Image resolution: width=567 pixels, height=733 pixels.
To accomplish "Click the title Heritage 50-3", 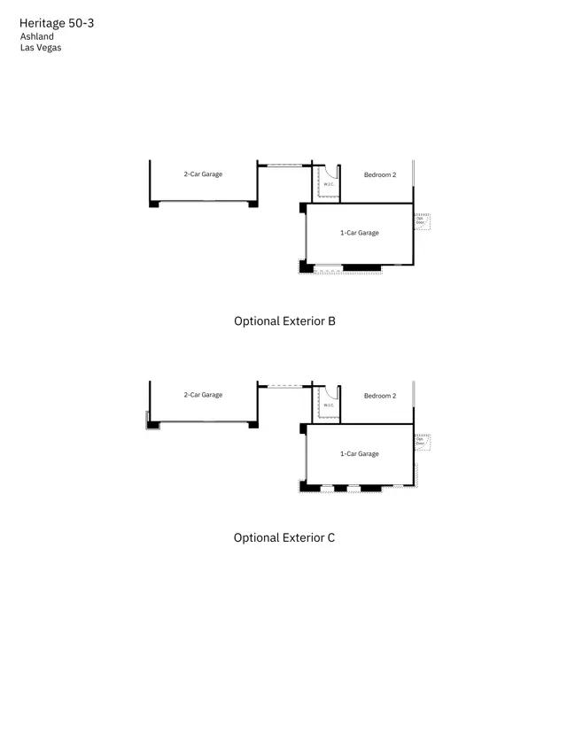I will (56, 22).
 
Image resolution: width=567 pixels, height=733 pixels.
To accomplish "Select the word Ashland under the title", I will (37, 36).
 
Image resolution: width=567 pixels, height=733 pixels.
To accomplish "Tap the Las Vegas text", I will (41, 48).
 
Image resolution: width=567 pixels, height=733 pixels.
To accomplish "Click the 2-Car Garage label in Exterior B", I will (203, 174).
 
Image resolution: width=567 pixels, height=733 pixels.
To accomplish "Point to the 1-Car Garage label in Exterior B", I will (360, 233).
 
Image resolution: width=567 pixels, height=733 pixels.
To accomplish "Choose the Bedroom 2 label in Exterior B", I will (380, 175).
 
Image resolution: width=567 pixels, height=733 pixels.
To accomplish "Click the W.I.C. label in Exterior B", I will (329, 184).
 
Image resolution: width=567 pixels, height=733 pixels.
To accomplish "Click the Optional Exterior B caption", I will (284, 321).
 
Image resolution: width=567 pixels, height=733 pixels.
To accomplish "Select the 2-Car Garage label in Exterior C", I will (203, 395).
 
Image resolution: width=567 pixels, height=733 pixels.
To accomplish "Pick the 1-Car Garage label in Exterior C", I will (360, 454).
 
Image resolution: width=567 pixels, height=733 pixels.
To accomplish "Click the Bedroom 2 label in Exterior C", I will (380, 396).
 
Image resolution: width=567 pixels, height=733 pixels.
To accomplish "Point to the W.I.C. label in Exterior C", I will (329, 405).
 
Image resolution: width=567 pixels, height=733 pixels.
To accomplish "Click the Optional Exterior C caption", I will (284, 537).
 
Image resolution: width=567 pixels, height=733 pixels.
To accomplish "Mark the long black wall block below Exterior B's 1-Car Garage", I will (361, 267).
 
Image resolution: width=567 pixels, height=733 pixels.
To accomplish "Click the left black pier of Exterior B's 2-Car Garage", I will (154, 204).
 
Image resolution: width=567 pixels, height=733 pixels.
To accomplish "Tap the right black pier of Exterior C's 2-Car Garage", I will (253, 425).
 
